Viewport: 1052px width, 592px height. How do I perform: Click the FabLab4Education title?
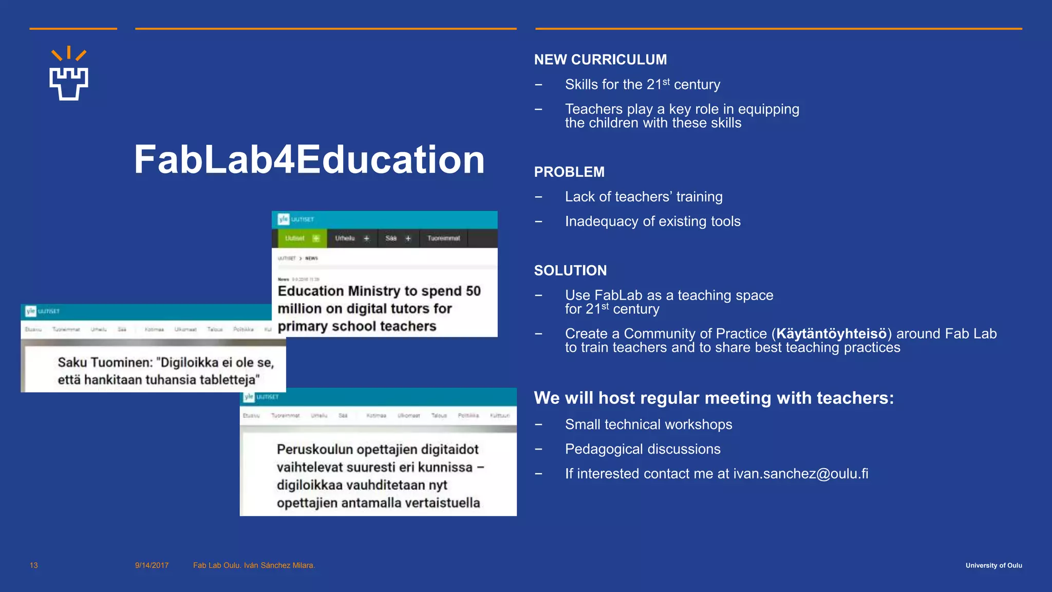[x=309, y=160]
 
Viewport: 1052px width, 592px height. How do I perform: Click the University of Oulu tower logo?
[x=69, y=75]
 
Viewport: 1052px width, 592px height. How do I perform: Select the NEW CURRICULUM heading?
[x=600, y=60]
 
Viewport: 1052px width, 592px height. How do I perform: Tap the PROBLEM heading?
[x=569, y=172]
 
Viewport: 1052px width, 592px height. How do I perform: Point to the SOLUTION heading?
[x=570, y=271]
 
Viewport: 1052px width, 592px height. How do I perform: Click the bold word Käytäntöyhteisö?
[x=831, y=334]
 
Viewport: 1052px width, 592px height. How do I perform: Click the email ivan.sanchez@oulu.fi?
[x=800, y=474]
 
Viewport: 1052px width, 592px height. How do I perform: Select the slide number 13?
[x=34, y=565]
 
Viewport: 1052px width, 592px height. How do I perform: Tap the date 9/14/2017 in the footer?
[x=152, y=565]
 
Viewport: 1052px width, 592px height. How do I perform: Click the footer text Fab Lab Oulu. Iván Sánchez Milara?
[x=254, y=565]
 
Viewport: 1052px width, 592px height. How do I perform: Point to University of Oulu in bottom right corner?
[x=993, y=565]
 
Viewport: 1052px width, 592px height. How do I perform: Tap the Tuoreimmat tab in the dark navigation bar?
[x=443, y=238]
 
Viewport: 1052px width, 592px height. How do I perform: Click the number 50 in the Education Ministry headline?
[x=473, y=291]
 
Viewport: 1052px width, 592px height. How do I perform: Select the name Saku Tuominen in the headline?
[x=105, y=362]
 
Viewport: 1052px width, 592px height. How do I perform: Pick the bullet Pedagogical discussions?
[x=642, y=449]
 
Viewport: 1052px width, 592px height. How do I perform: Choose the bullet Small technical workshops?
[x=648, y=424]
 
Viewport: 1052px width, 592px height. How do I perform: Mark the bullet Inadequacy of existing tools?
[x=652, y=221]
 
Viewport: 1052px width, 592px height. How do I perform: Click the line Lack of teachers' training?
[x=643, y=197]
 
